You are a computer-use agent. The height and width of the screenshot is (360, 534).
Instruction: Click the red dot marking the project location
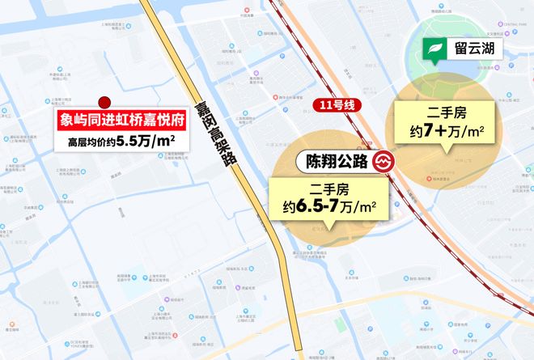point(104,102)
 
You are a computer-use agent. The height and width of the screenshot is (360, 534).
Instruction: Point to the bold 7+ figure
point(437,130)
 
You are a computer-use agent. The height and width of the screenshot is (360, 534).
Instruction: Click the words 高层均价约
point(92,142)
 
